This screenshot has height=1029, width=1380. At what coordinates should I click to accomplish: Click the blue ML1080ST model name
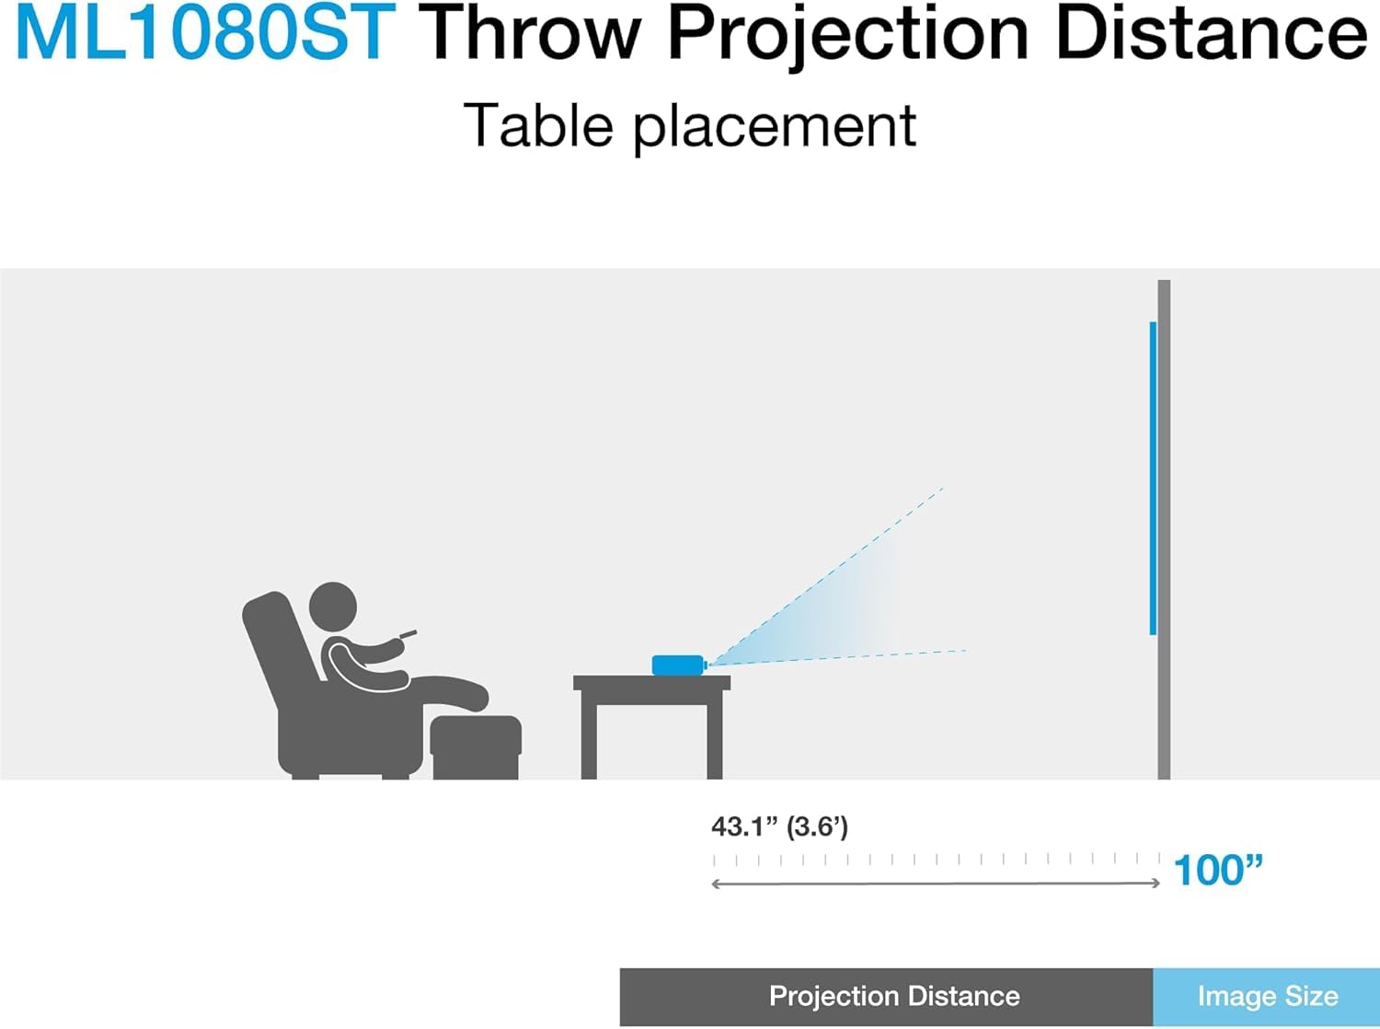[205, 34]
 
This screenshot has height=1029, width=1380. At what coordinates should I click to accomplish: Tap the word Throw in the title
[530, 34]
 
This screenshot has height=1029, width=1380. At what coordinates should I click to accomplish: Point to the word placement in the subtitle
[775, 127]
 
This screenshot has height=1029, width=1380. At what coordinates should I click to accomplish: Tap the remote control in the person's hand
[406, 634]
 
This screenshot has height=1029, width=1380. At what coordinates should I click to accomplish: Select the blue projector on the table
[677, 665]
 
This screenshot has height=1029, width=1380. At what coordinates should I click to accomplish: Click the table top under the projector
[651, 683]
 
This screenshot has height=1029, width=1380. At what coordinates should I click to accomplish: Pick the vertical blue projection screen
[1153, 479]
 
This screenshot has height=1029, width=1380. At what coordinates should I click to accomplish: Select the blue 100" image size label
[1218, 870]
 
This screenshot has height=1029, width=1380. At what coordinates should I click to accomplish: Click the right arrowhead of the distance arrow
[1156, 884]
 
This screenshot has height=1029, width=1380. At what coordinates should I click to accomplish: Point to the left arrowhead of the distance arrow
[717, 884]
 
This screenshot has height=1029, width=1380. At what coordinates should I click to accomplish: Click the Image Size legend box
[1266, 996]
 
